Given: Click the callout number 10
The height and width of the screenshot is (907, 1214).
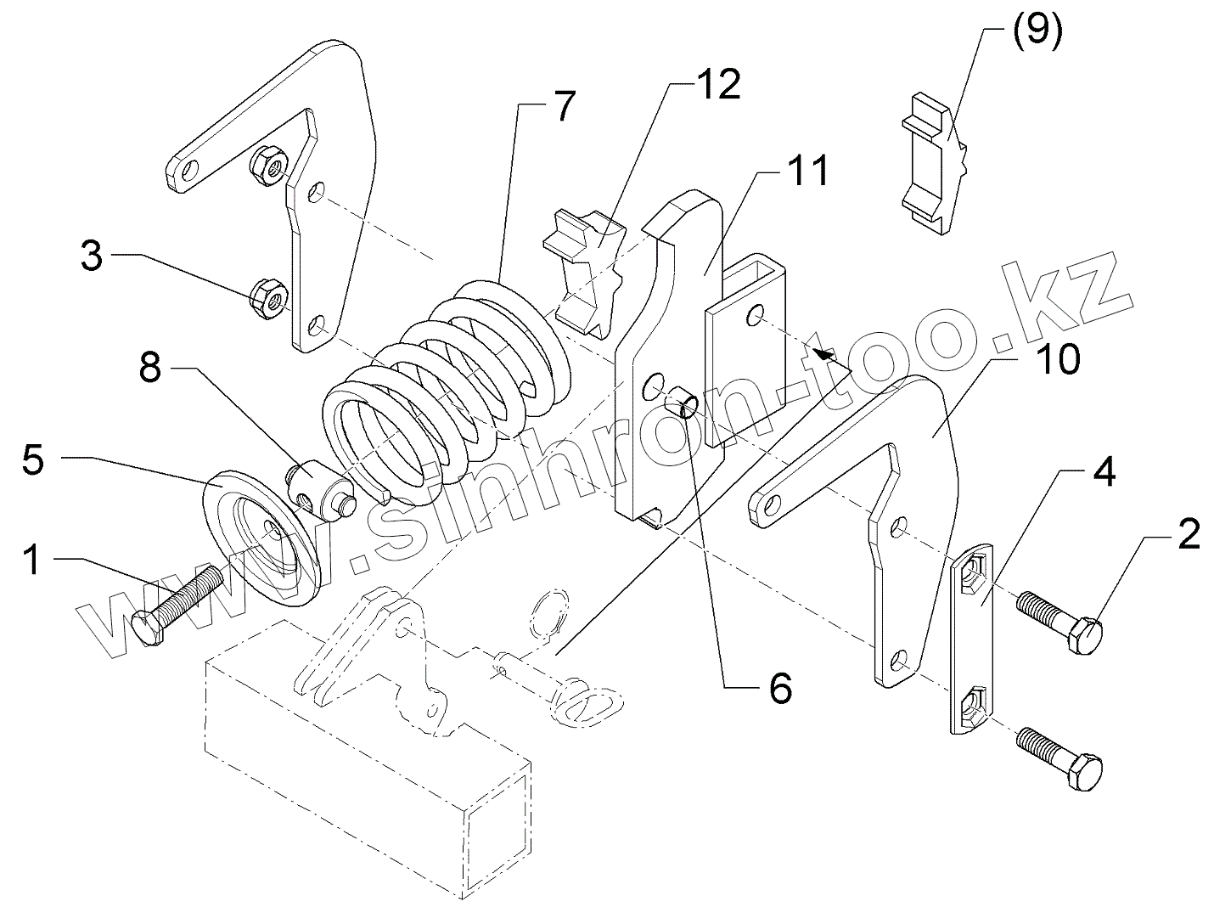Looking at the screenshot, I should coord(1057,359).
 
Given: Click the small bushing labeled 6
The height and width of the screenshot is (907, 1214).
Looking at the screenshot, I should coord(683,401).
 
